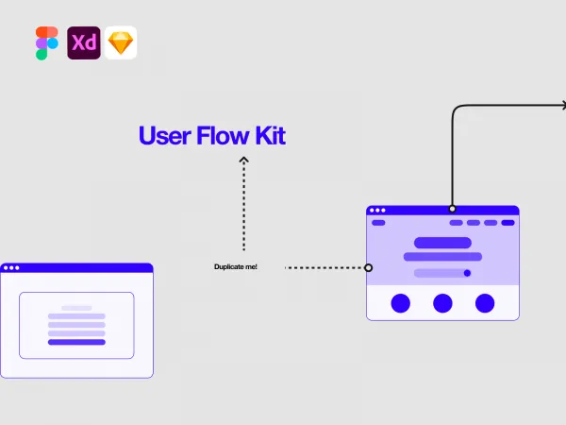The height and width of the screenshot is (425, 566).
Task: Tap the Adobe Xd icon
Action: click(x=84, y=43)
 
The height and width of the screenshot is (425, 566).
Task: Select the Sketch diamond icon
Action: click(x=121, y=43)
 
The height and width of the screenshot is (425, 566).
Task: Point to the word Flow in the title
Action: click(x=218, y=136)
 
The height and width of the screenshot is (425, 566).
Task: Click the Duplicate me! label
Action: click(x=236, y=267)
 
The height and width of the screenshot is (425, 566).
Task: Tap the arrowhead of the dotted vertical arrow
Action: click(x=243, y=161)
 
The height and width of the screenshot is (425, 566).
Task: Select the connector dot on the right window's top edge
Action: click(x=452, y=208)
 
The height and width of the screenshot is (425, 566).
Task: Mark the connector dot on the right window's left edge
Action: click(x=368, y=267)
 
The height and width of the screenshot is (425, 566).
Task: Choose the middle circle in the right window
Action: click(x=442, y=303)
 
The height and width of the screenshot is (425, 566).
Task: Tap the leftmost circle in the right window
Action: click(x=401, y=303)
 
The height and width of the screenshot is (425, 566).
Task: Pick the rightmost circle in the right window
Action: click(x=485, y=303)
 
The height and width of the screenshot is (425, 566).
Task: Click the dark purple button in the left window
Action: click(x=76, y=342)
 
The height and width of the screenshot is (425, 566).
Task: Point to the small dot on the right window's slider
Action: click(x=467, y=273)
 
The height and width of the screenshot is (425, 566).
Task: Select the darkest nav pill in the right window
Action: click(x=508, y=223)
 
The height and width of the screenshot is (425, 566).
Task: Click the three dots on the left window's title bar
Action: click(x=11, y=268)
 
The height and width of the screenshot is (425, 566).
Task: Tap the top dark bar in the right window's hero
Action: click(x=442, y=243)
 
